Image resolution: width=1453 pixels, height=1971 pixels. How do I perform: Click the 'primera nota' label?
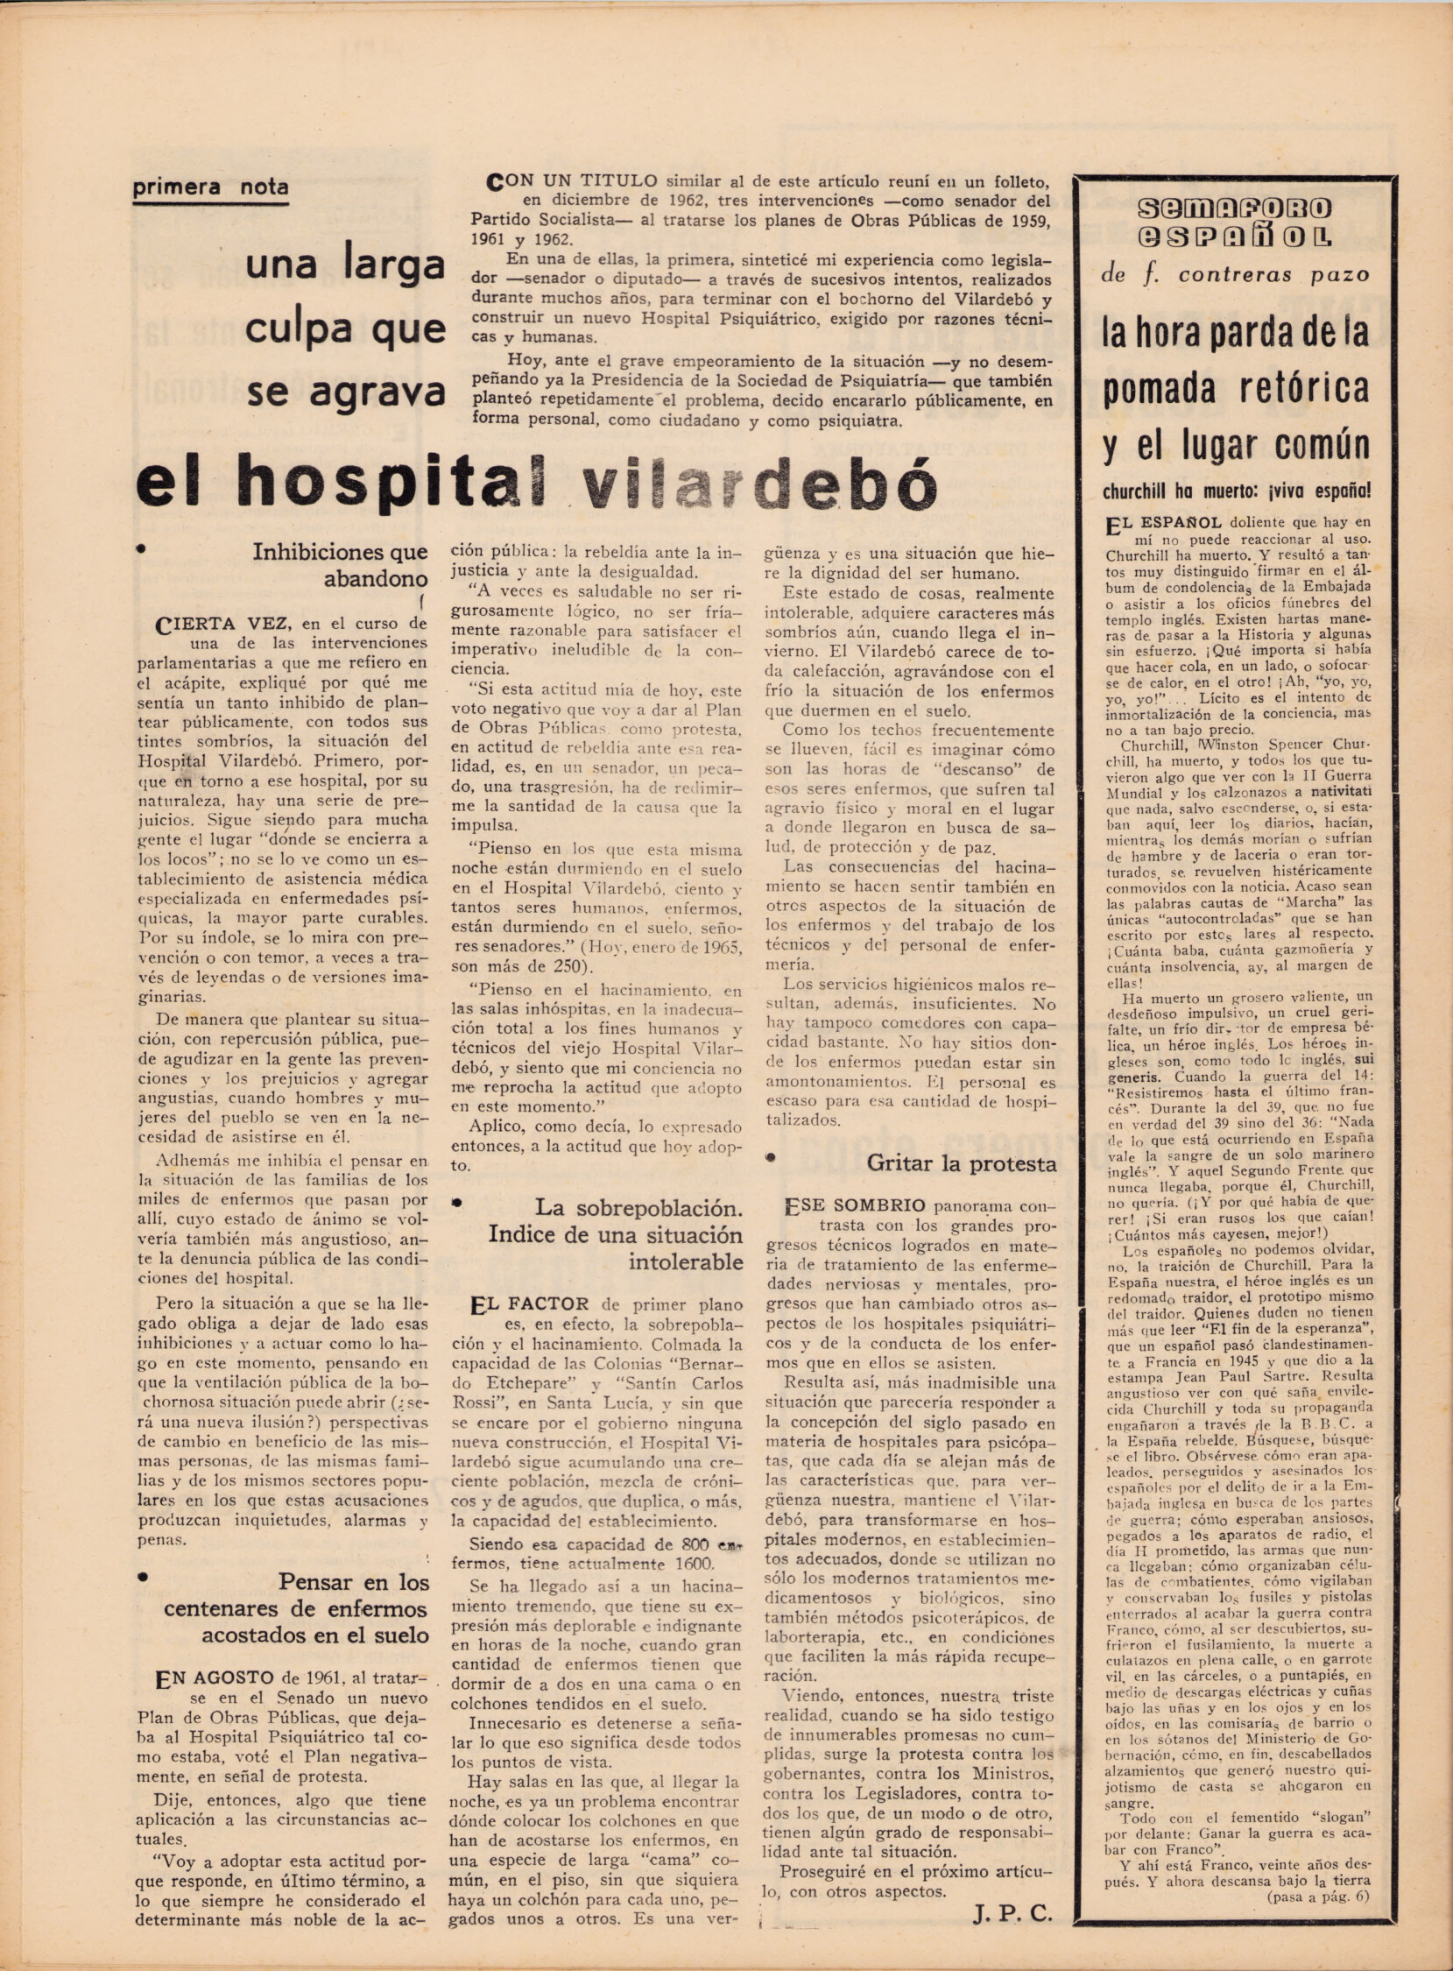(210, 187)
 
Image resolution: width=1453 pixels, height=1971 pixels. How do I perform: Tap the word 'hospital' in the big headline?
(388, 483)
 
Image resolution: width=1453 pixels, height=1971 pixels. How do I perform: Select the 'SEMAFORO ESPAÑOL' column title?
(1234, 222)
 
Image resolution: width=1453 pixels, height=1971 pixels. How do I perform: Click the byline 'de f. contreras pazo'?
(1235, 274)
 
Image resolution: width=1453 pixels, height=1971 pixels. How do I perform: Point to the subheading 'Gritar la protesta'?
(962, 1163)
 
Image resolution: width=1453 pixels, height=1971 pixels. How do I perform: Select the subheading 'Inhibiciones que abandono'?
(341, 566)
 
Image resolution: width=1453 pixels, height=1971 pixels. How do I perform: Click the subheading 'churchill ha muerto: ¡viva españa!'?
(1236, 491)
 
